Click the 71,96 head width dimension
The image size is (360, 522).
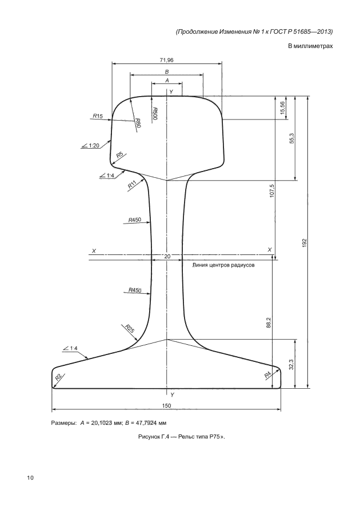click(x=167, y=60)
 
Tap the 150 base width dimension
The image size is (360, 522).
click(x=167, y=405)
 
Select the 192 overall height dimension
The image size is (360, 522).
click(x=305, y=242)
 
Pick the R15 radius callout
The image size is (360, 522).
click(x=98, y=116)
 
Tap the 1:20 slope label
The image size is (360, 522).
click(x=94, y=145)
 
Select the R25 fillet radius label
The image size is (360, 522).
click(x=130, y=329)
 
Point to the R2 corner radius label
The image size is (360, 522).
click(x=58, y=377)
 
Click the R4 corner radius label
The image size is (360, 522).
click(x=268, y=375)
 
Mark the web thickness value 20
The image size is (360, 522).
click(x=167, y=256)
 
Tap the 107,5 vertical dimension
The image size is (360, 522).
click(x=272, y=191)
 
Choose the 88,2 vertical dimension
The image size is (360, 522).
click(x=269, y=322)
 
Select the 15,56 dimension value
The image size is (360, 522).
click(x=282, y=107)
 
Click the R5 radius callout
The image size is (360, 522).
click(x=120, y=155)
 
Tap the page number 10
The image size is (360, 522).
click(x=30, y=478)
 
